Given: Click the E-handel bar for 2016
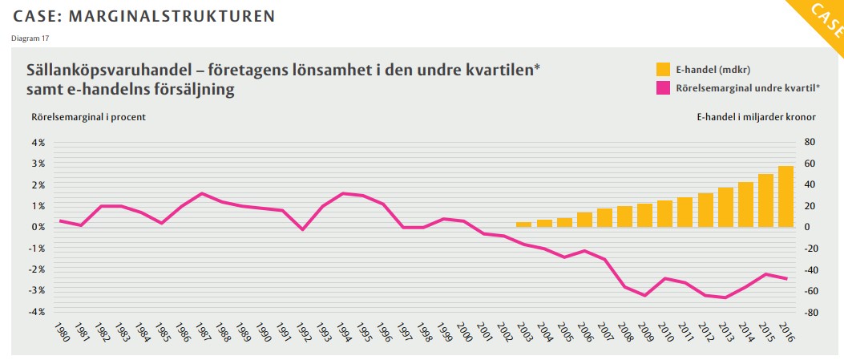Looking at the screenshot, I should (x=785, y=196).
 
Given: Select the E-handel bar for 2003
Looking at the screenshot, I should (x=523, y=224).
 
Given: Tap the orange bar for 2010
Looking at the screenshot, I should (x=664, y=213).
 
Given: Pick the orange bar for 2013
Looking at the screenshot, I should (x=725, y=207).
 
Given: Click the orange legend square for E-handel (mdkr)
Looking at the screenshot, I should (x=664, y=69).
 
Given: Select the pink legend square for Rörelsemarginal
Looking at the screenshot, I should (x=664, y=87).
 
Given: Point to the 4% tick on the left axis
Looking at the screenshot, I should (x=38, y=143).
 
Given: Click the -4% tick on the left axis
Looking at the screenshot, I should (x=38, y=311).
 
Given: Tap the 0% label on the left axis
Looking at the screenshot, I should (x=38, y=227).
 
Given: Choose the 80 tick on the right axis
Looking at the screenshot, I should (x=810, y=143).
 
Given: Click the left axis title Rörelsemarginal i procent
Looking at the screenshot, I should (x=88, y=117).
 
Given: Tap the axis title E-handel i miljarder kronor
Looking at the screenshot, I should (x=756, y=117).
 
